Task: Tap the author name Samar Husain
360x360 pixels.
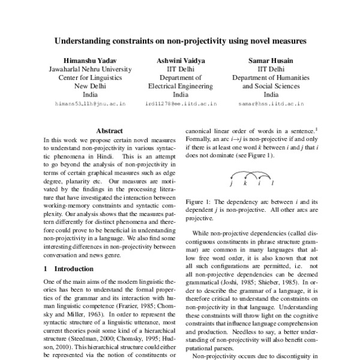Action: point(271,61)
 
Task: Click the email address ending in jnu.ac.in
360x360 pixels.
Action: point(90,104)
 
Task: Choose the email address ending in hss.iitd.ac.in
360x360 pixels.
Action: point(271,104)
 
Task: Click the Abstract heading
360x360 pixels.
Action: point(109,130)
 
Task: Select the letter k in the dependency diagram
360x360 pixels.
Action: point(245,182)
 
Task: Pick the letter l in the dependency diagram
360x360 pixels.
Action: point(273,182)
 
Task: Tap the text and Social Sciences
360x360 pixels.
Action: point(271,86)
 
